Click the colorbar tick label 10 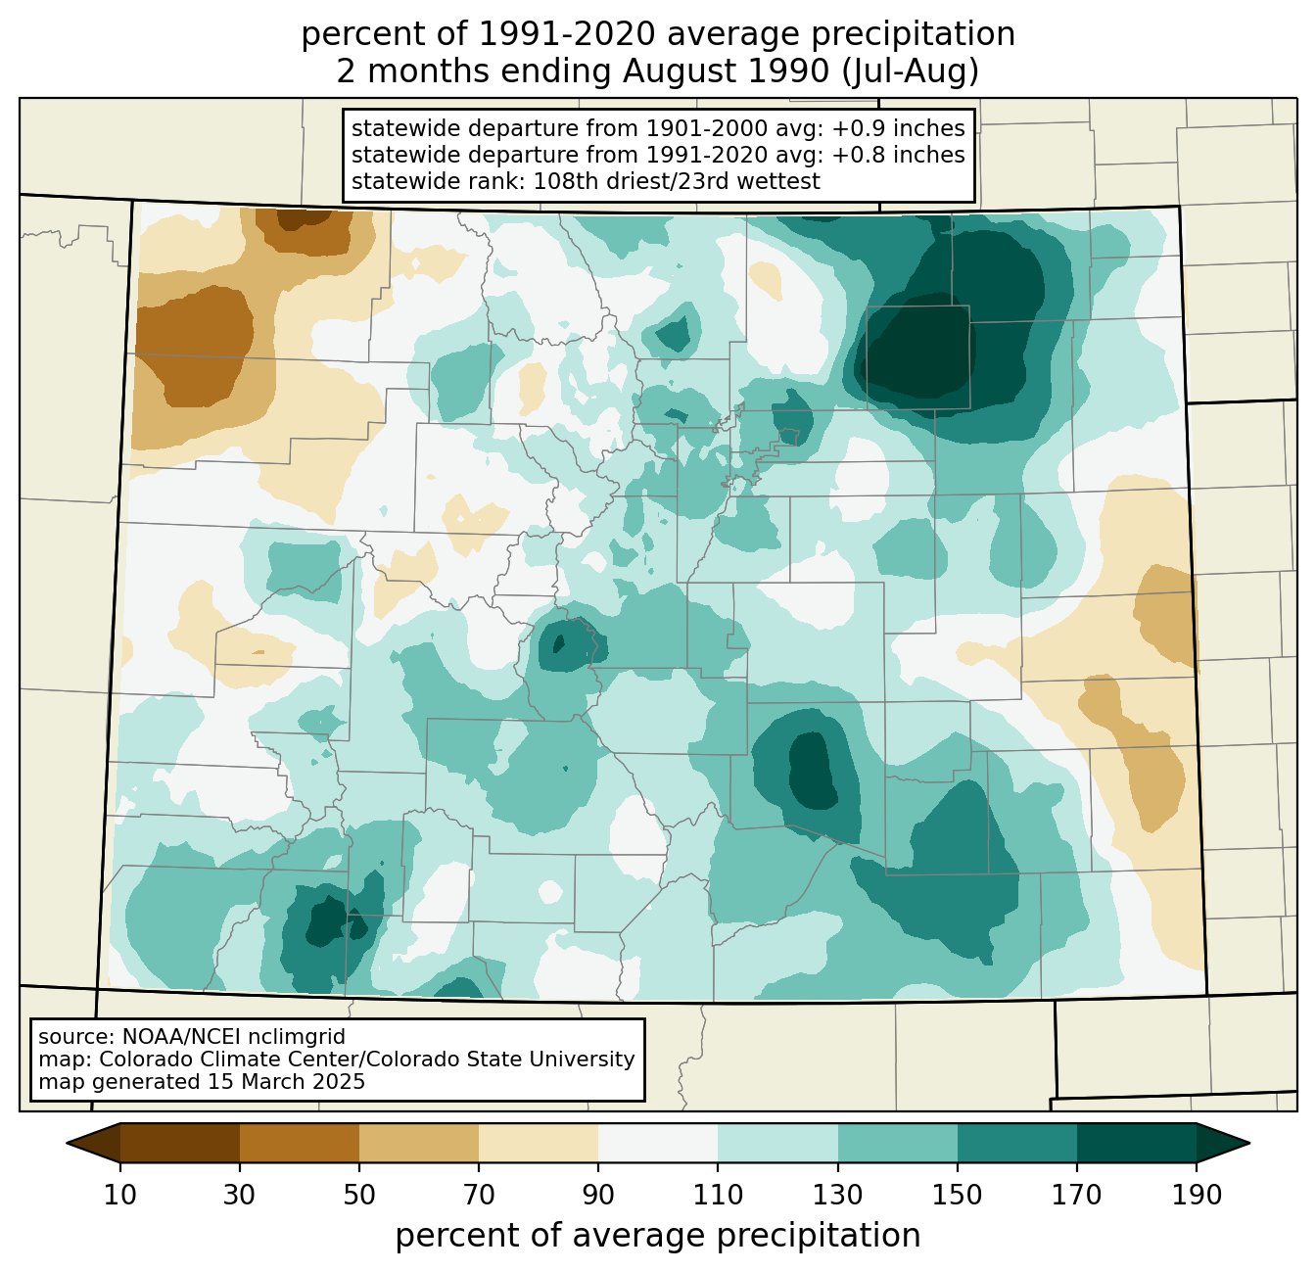coord(119,1195)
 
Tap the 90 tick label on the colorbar coord(598,1195)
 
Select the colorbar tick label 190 coord(1197,1195)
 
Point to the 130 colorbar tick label coord(837,1195)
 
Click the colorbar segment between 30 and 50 coord(299,1143)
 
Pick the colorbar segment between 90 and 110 coord(658,1143)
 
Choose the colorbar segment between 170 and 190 coord(1136,1143)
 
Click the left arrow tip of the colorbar coord(67,1143)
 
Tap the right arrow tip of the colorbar coord(1249,1143)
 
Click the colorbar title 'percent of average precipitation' coord(657,1236)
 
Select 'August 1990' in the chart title coord(726,71)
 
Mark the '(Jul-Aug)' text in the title coord(911,71)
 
